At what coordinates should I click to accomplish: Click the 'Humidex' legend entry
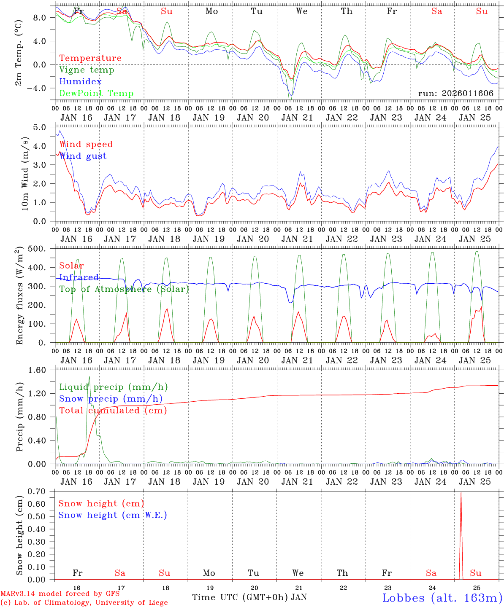[x=80, y=82]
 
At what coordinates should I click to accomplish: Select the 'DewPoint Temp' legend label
[x=96, y=94]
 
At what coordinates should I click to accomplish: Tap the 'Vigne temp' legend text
[x=87, y=70]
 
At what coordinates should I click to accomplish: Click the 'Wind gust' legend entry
[x=83, y=156]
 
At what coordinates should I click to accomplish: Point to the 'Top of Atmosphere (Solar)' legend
[x=124, y=289]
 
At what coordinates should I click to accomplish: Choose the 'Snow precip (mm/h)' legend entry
[x=111, y=399]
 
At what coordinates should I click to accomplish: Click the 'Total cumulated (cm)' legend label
[x=113, y=411]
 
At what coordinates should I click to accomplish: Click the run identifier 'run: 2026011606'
[x=455, y=94]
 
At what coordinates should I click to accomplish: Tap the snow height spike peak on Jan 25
[x=461, y=493]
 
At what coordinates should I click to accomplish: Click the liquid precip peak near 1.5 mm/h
[x=89, y=377]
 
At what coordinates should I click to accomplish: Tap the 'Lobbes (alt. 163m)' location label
[x=442, y=598]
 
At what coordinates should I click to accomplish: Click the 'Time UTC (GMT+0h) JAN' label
[x=249, y=597]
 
